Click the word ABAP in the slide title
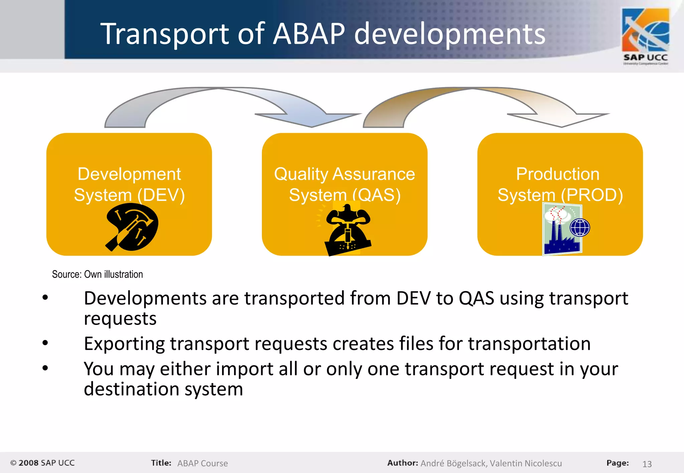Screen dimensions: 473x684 (x=309, y=34)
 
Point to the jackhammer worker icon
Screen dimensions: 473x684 (x=347, y=230)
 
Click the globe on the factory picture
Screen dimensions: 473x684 (x=580, y=227)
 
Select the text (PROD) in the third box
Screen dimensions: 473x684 (x=591, y=195)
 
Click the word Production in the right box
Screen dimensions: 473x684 (x=557, y=174)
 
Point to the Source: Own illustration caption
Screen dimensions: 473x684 (x=97, y=275)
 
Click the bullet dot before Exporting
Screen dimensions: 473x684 (x=45, y=343)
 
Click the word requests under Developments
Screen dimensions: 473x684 (x=120, y=319)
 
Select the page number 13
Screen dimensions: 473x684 (x=647, y=464)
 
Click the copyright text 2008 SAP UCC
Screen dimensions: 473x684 (x=43, y=463)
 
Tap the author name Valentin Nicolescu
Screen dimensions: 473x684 (x=526, y=463)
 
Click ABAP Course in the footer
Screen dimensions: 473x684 (x=202, y=463)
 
